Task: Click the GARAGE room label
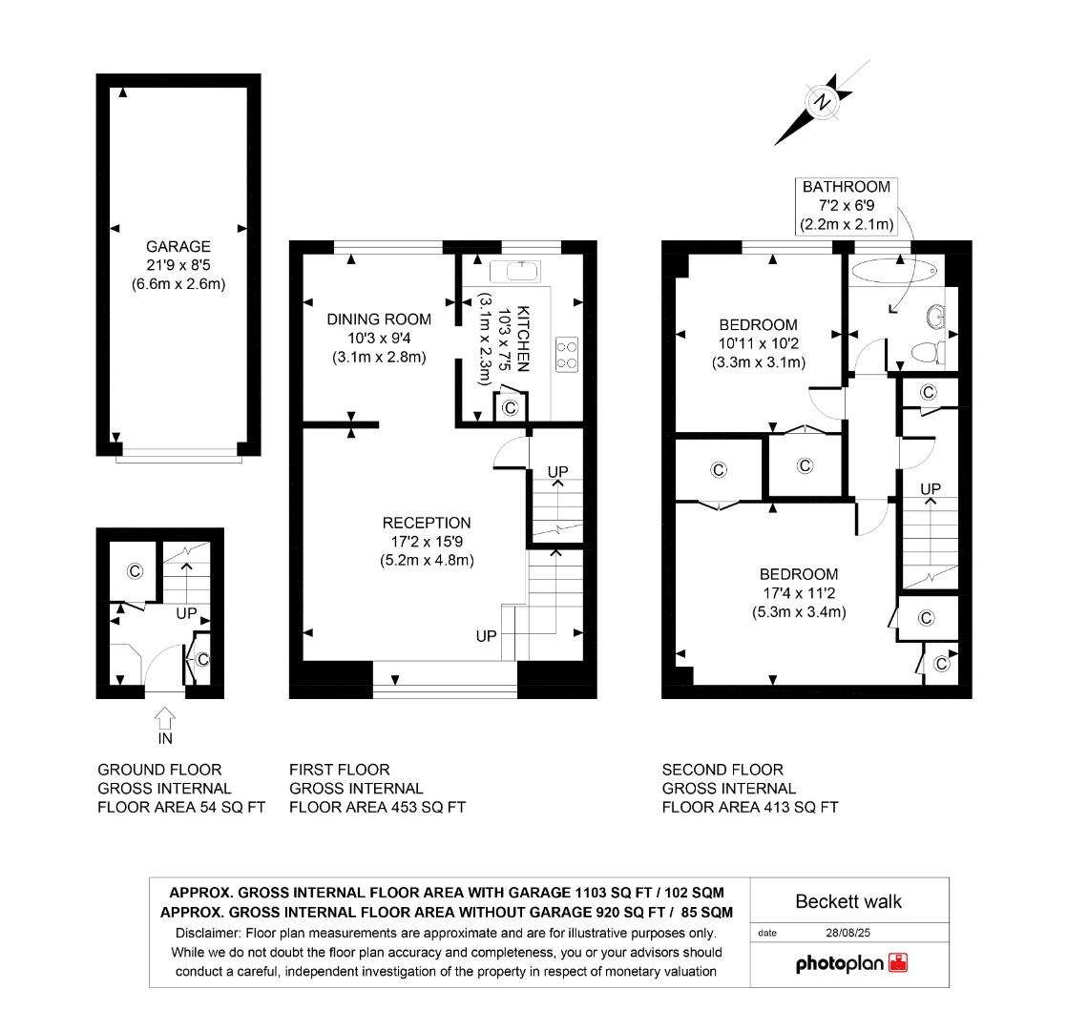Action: click(178, 246)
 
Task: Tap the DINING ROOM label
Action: click(379, 319)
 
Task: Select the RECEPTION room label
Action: click(427, 523)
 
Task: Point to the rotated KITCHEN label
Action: click(523, 339)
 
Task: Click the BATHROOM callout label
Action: click(847, 186)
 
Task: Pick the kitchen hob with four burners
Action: click(567, 354)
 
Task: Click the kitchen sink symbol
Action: click(514, 271)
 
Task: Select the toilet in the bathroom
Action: click(928, 352)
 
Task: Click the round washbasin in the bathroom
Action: click(935, 316)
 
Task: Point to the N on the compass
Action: click(824, 103)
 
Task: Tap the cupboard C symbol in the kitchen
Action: click(510, 407)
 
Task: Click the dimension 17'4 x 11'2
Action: click(799, 593)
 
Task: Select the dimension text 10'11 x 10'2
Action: click(759, 343)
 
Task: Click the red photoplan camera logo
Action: click(898, 962)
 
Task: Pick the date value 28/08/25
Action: click(847, 933)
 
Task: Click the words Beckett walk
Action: click(848, 901)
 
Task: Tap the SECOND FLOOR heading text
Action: click(722, 770)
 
